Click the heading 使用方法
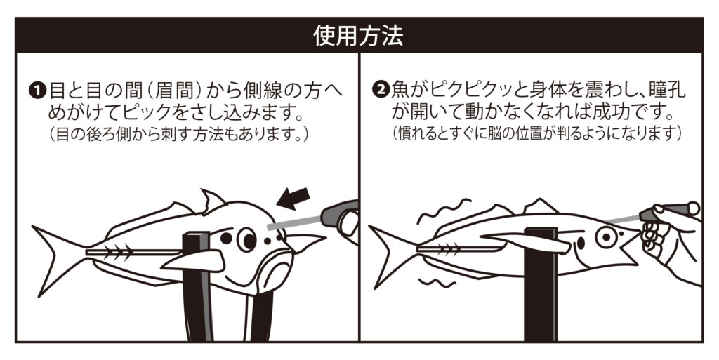click(x=358, y=36)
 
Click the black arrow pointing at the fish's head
click(x=293, y=199)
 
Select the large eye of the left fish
click(x=246, y=239)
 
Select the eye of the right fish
click(x=606, y=237)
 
